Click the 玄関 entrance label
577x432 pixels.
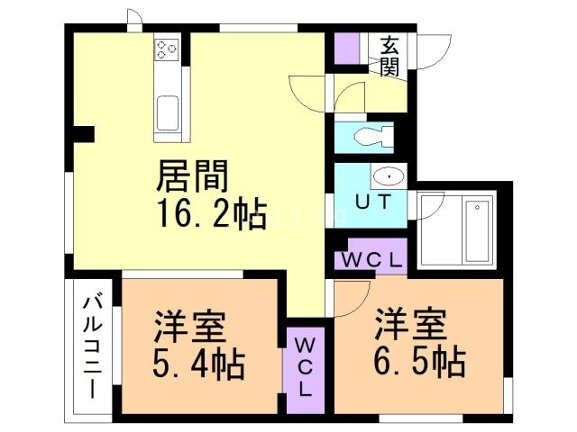pyautogui.click(x=389, y=54)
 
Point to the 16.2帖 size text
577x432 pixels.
pyautogui.click(x=211, y=213)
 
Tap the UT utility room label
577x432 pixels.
pyautogui.click(x=372, y=202)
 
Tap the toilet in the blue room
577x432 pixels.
pyautogui.click(x=371, y=137)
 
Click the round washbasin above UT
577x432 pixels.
pyautogui.click(x=385, y=175)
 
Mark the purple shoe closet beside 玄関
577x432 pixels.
pyautogui.click(x=346, y=48)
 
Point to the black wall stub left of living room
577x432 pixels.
pyautogui.click(x=82, y=135)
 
